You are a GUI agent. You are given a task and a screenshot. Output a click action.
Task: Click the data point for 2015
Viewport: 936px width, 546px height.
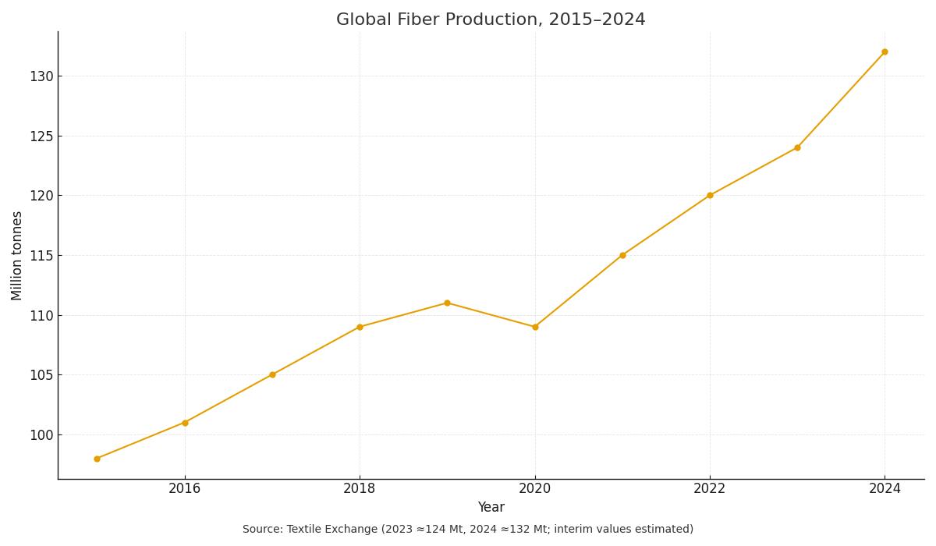(97, 459)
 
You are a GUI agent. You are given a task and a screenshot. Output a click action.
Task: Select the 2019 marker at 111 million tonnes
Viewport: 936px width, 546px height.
(447, 303)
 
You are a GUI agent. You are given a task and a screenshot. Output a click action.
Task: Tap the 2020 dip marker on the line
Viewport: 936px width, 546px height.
(535, 327)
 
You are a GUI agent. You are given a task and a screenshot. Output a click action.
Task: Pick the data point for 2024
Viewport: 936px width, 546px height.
(885, 51)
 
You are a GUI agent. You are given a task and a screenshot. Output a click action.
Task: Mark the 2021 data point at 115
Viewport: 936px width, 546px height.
(622, 255)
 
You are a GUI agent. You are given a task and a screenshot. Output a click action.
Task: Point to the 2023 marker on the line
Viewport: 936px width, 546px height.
(797, 147)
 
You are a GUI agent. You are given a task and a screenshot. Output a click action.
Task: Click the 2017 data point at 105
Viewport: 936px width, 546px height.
(272, 374)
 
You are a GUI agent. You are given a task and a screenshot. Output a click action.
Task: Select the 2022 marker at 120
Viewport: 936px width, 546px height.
(710, 195)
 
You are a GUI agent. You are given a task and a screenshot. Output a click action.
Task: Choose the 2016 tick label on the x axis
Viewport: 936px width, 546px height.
(185, 489)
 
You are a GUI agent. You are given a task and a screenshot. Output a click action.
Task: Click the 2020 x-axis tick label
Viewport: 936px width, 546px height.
(535, 489)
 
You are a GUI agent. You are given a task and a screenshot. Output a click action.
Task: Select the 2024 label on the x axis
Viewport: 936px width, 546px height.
(885, 489)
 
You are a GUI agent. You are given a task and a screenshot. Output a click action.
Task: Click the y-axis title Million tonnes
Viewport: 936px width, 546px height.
(17, 255)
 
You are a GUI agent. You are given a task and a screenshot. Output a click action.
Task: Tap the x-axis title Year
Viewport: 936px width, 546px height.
(491, 508)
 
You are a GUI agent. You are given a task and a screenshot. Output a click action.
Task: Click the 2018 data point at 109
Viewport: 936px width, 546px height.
(360, 327)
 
